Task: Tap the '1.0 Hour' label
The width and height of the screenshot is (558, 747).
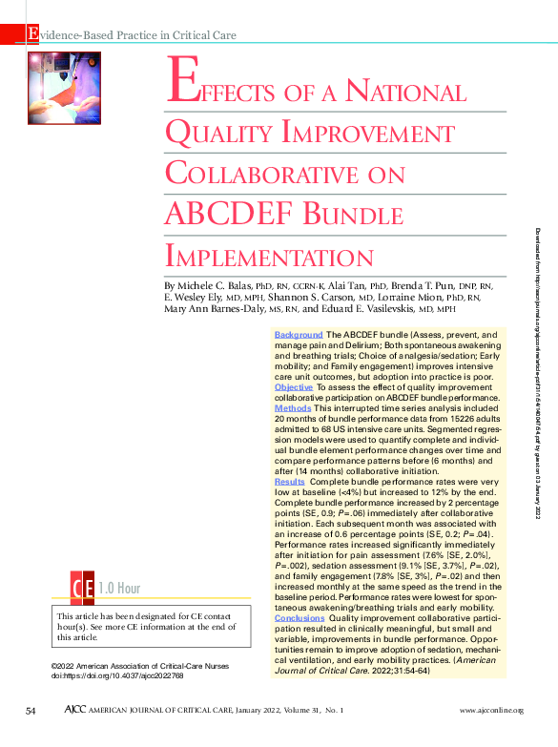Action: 119,586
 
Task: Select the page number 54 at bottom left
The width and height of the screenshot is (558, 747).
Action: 31,712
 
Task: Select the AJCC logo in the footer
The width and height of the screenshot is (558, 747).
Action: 80,712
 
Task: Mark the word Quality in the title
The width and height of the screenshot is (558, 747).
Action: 219,133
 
